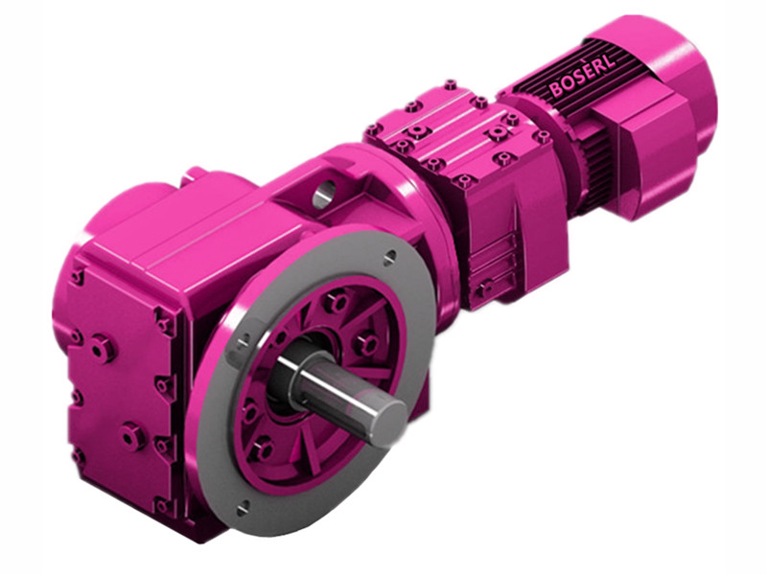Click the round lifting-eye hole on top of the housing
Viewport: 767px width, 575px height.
321,196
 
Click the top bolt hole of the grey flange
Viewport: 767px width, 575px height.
389,257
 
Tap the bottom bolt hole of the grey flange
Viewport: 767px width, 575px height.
243,505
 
